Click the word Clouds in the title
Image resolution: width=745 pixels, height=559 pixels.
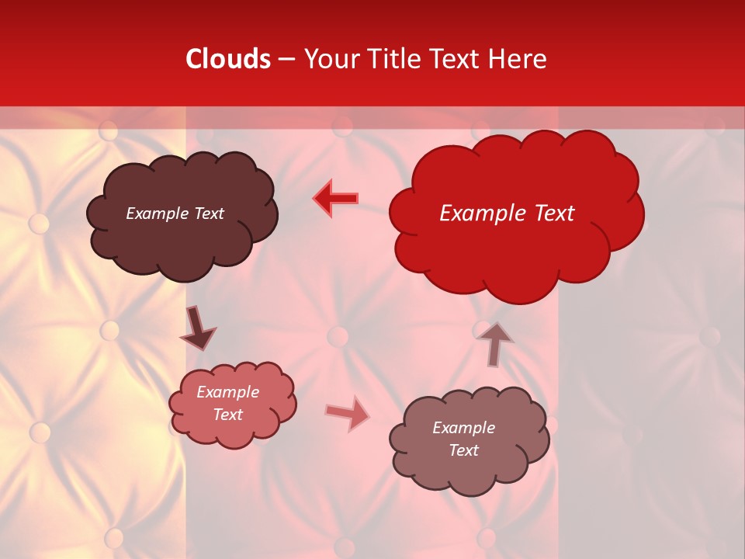(x=228, y=59)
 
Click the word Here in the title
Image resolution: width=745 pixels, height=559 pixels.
(x=518, y=59)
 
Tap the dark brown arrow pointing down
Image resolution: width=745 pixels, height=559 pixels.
(x=197, y=328)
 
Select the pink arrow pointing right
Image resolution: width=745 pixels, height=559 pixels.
(x=347, y=413)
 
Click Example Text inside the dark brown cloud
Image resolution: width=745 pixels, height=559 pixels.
(x=175, y=214)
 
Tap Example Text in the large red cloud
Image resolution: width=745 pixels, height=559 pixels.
(x=507, y=214)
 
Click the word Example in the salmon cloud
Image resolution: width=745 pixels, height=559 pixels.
(x=227, y=393)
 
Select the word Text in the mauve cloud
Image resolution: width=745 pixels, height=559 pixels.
(x=463, y=450)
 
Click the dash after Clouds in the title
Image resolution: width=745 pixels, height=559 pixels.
(x=286, y=59)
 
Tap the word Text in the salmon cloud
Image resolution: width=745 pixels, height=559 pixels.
(x=227, y=415)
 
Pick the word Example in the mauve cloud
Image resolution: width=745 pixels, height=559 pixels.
(x=463, y=428)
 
